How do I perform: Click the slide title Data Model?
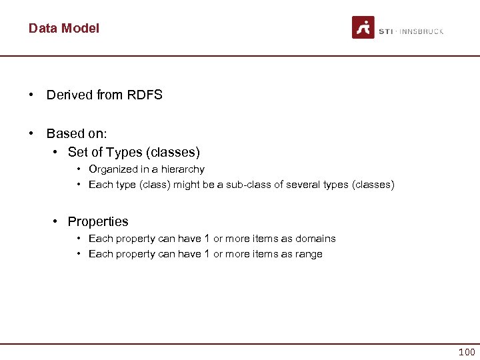[x=64, y=28]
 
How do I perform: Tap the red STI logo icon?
[x=363, y=27]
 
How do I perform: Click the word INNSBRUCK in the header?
[x=421, y=31]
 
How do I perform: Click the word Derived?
[x=69, y=95]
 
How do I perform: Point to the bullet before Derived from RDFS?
[x=32, y=95]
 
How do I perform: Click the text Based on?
[x=75, y=133]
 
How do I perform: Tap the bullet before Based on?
[x=32, y=133]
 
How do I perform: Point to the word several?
[x=302, y=185]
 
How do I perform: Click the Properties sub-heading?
[x=98, y=221]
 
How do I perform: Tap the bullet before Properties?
[x=57, y=221]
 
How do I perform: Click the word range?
[x=309, y=254]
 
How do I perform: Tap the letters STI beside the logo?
[x=385, y=31]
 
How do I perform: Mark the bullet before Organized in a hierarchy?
[x=79, y=169]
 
